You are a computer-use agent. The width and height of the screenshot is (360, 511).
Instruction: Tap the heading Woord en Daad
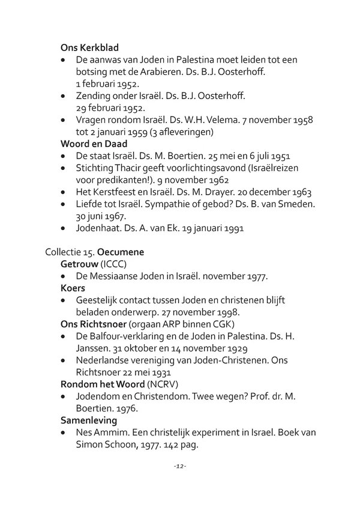pos(94,144)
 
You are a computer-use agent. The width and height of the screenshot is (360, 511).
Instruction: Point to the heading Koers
pos(73,288)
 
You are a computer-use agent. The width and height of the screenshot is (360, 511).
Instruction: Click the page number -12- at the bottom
pos(180,467)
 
